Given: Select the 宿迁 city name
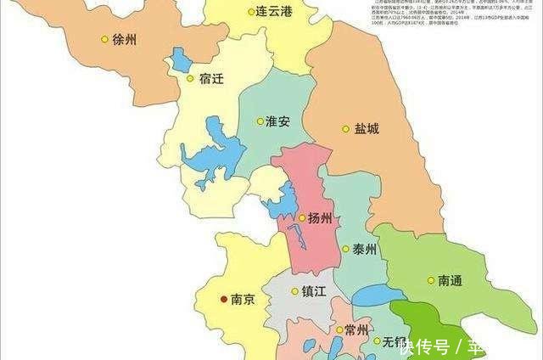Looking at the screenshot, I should click(x=213, y=79).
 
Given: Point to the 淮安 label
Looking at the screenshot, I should click(x=277, y=121).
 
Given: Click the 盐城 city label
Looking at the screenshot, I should click(x=367, y=129).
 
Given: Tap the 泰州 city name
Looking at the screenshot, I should click(x=366, y=250).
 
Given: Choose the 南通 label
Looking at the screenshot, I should click(x=451, y=280).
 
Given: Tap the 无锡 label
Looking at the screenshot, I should click(x=394, y=342).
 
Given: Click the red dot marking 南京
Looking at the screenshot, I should click(x=224, y=299).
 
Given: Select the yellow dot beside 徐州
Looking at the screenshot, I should click(x=104, y=39).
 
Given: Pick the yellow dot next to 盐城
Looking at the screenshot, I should click(x=345, y=129).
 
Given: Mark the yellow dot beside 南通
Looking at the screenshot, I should click(x=430, y=280).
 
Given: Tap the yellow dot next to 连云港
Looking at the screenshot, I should click(x=251, y=12).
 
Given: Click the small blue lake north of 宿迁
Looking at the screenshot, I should click(x=182, y=60).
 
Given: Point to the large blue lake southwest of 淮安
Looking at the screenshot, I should click(x=212, y=153).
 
